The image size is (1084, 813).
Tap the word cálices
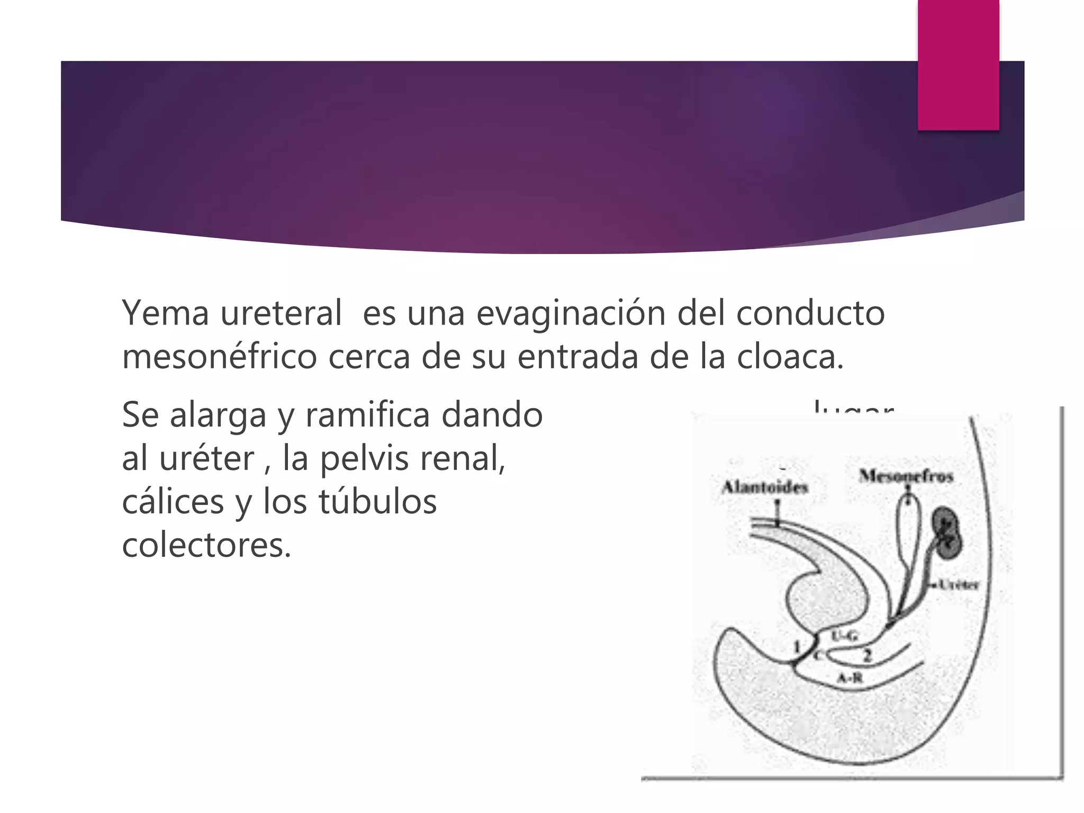click(173, 502)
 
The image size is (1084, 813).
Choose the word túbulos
click(377, 502)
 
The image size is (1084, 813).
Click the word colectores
click(206, 545)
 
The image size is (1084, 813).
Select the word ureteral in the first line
click(281, 313)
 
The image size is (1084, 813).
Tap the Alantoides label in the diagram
click(765, 487)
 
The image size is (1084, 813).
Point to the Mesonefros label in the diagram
click(906, 476)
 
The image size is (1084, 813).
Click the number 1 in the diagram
click(797, 646)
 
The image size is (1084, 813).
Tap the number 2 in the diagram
click(866, 656)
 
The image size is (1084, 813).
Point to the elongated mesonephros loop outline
click(909, 535)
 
